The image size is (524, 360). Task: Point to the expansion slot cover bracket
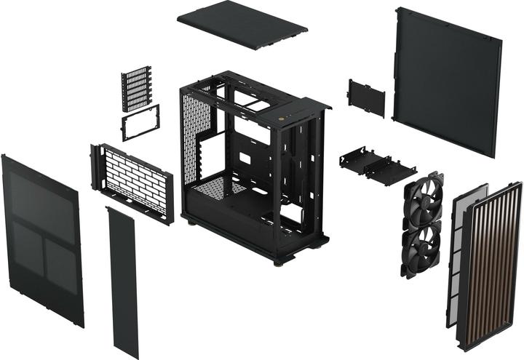point(137,88)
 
